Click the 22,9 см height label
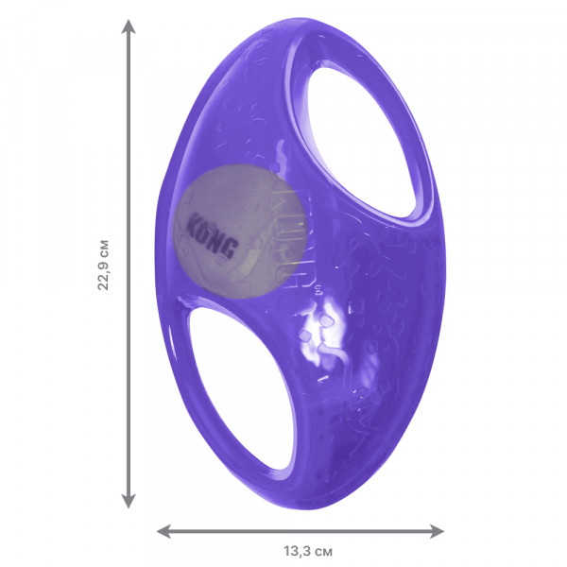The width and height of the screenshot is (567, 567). click(x=103, y=265)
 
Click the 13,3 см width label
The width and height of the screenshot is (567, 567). click(x=308, y=552)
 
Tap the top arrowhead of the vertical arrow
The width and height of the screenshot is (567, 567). click(x=129, y=26)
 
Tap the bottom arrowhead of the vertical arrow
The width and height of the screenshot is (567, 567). click(x=129, y=501)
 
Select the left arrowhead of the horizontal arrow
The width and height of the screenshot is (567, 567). click(x=163, y=531)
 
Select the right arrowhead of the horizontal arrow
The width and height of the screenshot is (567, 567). click(x=437, y=531)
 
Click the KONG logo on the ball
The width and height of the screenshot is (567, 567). click(x=213, y=235)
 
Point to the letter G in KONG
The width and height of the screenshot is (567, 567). click(x=231, y=248)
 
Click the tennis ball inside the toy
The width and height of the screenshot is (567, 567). click(x=240, y=232)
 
